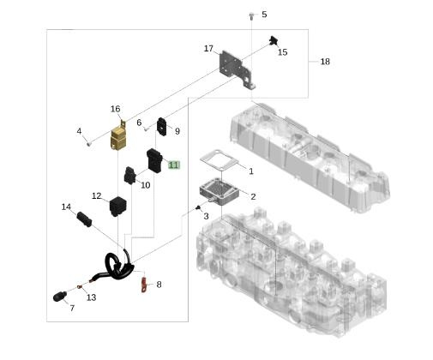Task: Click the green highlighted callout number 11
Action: pos(174,165)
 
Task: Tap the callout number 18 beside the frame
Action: pos(325,62)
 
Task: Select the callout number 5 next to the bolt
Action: pos(264,15)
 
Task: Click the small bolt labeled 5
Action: pos(251,16)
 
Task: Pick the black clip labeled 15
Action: pos(274,40)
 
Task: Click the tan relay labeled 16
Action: pos(118,136)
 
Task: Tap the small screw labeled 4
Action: pos(89,145)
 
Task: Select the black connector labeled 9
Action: pos(162,127)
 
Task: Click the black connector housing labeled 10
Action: pos(129,176)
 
